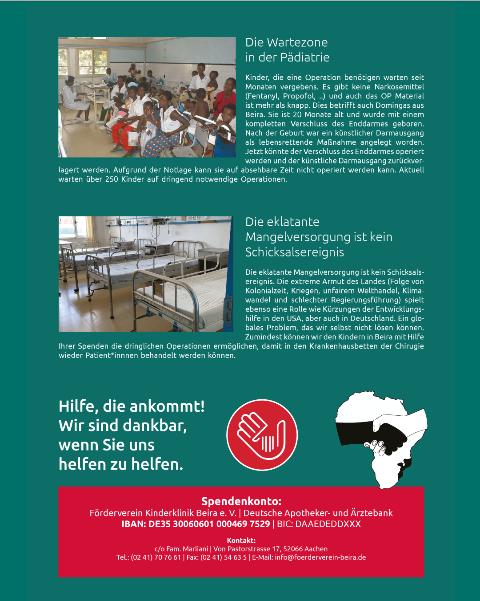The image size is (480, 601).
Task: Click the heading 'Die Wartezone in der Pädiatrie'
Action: pyautogui.click(x=287, y=50)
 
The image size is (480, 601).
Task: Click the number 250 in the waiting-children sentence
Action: pyautogui.click(x=112, y=179)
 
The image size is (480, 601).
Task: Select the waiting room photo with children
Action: pyautogui.click(x=147, y=97)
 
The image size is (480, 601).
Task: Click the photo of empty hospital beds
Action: pyautogui.click(x=146, y=274)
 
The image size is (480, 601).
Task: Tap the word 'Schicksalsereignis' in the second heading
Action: pyautogui.click(x=295, y=252)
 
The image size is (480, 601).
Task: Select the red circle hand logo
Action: pyautogui.click(x=262, y=435)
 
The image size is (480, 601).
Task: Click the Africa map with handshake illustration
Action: pyautogui.click(x=381, y=439)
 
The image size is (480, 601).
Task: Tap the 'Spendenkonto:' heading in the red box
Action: pyautogui.click(x=241, y=501)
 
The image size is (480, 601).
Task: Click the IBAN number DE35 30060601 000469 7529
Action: pyautogui.click(x=209, y=524)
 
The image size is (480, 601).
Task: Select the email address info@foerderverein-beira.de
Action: pyautogui.click(x=320, y=557)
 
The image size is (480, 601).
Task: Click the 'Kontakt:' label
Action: pyautogui.click(x=241, y=540)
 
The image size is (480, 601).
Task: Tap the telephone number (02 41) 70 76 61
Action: pyautogui.click(x=156, y=557)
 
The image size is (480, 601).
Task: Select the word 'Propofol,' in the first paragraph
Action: pyautogui.click(x=299, y=96)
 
